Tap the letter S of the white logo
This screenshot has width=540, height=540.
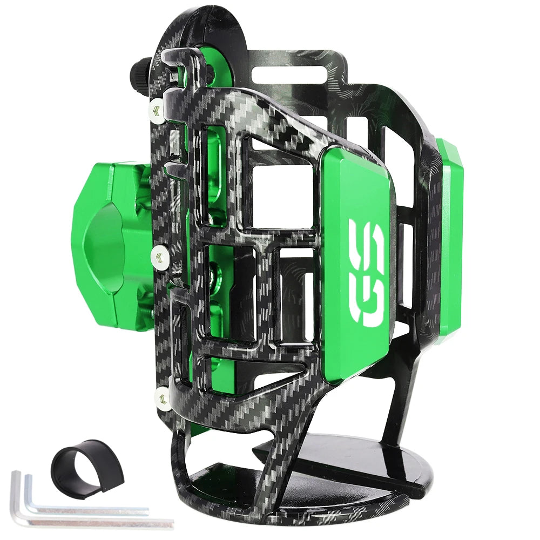[368, 243]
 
